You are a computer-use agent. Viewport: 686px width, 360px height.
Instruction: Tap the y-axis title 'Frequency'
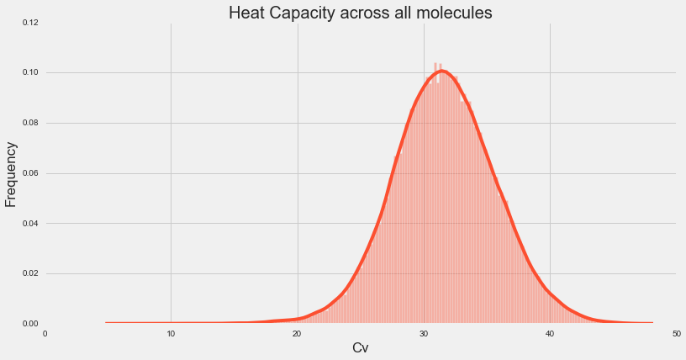click(12, 174)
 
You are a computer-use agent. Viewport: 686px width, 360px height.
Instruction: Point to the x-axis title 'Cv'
click(360, 347)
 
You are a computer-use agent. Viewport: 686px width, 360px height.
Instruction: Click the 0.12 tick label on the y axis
click(29, 23)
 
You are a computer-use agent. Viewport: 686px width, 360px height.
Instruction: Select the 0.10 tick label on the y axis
click(29, 72)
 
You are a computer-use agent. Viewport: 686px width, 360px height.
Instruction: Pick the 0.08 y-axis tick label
click(29, 123)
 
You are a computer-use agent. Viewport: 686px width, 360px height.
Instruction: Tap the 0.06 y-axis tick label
click(29, 173)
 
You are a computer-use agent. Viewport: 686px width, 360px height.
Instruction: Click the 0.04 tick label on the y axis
click(29, 224)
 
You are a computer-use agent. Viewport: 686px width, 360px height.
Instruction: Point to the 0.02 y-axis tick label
click(29, 273)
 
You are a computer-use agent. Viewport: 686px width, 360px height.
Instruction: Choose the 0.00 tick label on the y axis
click(29, 324)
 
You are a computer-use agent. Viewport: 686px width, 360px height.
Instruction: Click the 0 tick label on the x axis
click(45, 334)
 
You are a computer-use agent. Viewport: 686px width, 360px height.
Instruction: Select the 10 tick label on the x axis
click(171, 334)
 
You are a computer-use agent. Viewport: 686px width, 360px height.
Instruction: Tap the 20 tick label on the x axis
click(298, 334)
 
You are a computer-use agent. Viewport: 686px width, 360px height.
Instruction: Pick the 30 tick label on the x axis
click(424, 334)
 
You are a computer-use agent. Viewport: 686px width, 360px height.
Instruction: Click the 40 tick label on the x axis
click(550, 334)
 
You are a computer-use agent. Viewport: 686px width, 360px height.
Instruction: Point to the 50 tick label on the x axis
click(676, 334)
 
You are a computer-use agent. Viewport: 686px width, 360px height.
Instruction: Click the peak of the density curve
click(442, 71)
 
